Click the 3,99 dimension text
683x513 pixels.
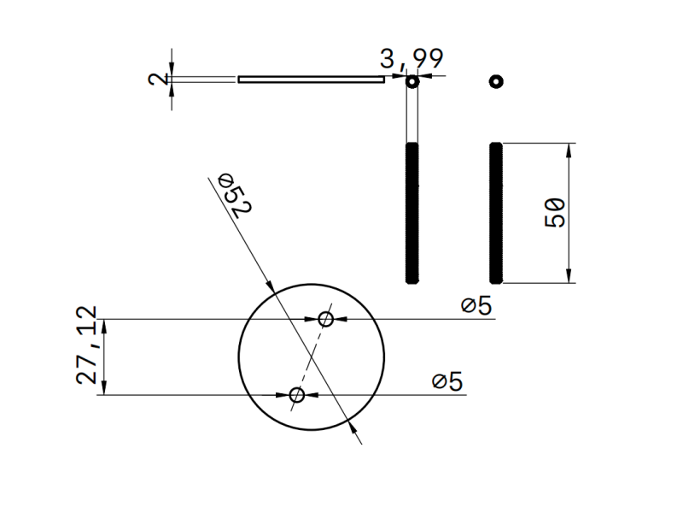click(412, 59)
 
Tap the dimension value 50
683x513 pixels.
click(555, 212)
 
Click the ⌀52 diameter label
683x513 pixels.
click(233, 195)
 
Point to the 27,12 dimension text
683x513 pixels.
click(88, 345)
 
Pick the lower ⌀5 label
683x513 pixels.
click(447, 381)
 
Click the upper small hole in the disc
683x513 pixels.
click(325, 319)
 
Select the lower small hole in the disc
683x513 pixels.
click(297, 394)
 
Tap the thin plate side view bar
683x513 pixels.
click(311, 80)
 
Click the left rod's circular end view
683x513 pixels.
click(412, 81)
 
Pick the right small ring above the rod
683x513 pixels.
click(496, 81)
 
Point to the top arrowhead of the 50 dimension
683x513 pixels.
click(569, 150)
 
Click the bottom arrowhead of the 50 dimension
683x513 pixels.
click(569, 276)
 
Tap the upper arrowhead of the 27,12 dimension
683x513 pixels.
click(104, 326)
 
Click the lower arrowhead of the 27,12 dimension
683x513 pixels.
click(104, 388)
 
